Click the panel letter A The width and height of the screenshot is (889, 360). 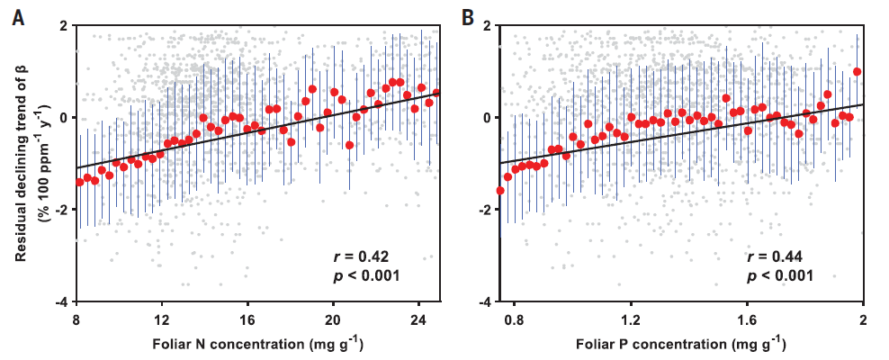pyautogui.click(x=18, y=15)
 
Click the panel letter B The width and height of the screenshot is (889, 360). pyautogui.click(x=468, y=15)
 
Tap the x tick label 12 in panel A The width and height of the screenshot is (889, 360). pyautogui.click(x=162, y=319)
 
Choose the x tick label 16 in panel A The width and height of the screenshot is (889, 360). pyautogui.click(x=247, y=319)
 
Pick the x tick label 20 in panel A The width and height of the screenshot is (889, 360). pyautogui.click(x=332, y=319)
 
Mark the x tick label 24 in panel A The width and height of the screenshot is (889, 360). pyautogui.click(x=418, y=319)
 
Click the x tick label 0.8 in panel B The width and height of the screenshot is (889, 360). pyautogui.click(x=514, y=319)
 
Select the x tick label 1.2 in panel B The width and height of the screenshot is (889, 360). pyautogui.click(x=630, y=319)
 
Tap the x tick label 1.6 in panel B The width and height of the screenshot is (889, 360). pyautogui.click(x=747, y=319)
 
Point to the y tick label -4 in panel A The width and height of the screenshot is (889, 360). pyautogui.click(x=59, y=301)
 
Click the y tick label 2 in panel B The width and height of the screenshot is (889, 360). pyautogui.click(x=486, y=26)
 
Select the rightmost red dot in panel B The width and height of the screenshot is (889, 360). pyautogui.click(x=857, y=72)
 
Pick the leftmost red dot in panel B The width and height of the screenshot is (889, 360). pyautogui.click(x=500, y=191)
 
